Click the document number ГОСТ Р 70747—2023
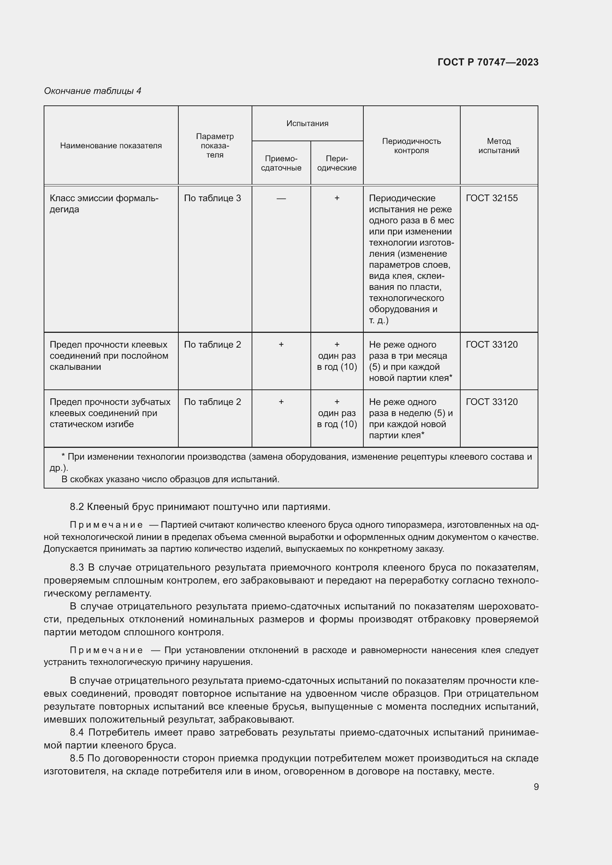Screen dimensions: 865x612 (488, 62)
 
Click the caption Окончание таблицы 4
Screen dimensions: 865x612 (93, 91)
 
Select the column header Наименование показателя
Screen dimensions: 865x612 (111, 146)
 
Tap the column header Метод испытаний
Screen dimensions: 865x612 (498, 146)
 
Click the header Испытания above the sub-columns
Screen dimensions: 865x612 (307, 124)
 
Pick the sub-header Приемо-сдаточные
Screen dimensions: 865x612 (281, 163)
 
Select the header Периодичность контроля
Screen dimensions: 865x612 (411, 146)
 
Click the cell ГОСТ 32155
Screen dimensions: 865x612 (491, 198)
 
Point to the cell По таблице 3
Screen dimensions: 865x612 (212, 198)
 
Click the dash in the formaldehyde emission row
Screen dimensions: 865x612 (281, 198)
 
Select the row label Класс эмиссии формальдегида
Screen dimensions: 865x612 (104, 203)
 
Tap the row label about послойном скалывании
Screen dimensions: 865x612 (109, 356)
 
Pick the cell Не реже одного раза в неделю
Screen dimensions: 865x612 (410, 418)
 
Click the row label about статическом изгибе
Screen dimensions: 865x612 (110, 413)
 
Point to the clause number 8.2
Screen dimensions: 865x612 (77, 507)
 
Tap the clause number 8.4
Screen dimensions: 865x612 (77, 732)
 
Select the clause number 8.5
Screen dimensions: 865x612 (77, 758)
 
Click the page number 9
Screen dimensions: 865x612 (536, 787)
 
